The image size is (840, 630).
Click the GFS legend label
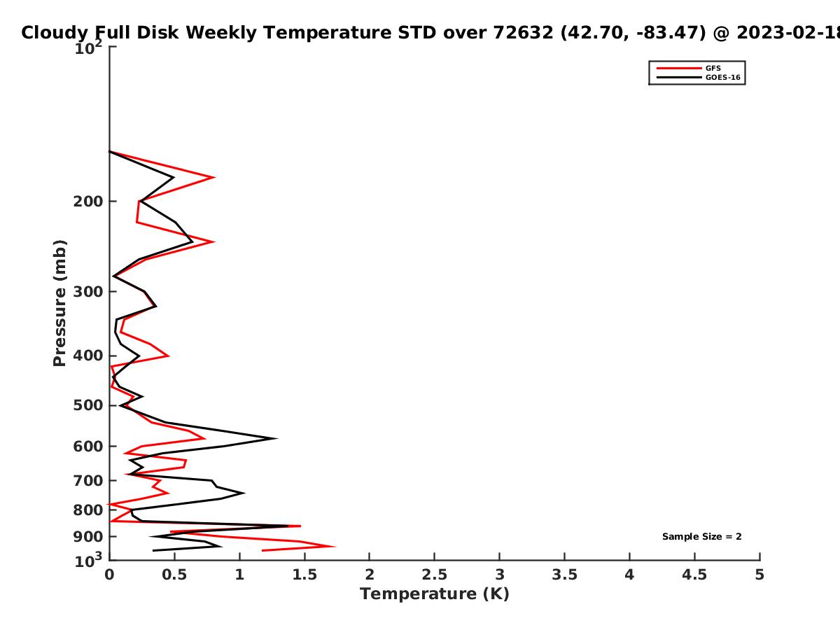tap(713, 68)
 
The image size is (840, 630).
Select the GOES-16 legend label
tap(722, 77)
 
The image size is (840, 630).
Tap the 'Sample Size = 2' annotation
tap(701, 536)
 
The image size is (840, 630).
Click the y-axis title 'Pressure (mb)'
tap(59, 303)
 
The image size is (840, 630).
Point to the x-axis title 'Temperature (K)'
tap(435, 594)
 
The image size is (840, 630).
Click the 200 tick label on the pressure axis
tap(88, 201)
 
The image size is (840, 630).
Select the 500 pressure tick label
tap(88, 405)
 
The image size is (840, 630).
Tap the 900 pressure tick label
tap(88, 537)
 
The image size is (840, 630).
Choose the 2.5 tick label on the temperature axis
tap(435, 575)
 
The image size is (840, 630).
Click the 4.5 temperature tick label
tap(694, 575)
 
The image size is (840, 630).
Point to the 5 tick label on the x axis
tap(759, 575)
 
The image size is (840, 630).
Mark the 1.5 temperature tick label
tap(304, 575)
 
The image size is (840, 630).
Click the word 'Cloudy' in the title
tap(55, 33)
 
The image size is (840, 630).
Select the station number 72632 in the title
tap(523, 32)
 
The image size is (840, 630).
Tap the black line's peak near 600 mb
tap(276, 438)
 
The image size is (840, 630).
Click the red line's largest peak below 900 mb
tap(335, 546)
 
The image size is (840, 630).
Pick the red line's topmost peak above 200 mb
tap(214, 177)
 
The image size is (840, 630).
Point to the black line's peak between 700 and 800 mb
tap(244, 493)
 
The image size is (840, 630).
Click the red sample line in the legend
tap(679, 68)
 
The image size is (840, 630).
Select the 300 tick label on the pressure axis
tap(88, 292)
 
